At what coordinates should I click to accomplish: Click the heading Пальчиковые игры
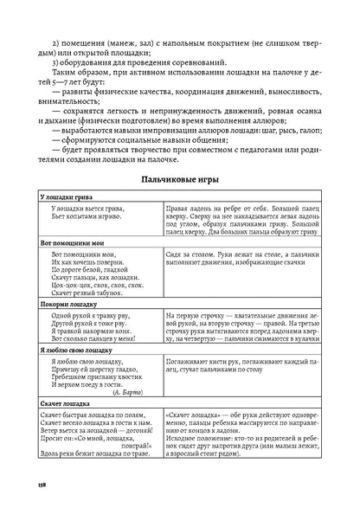(180, 179)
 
